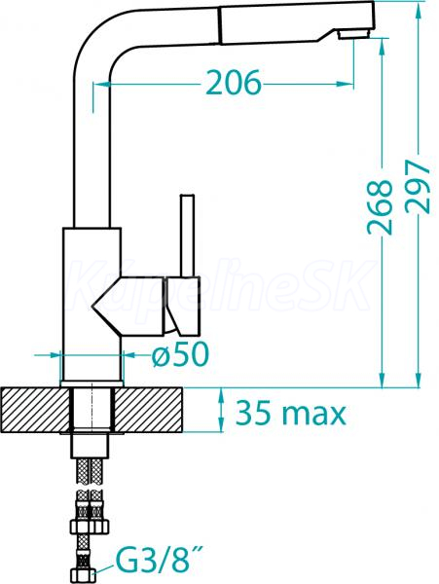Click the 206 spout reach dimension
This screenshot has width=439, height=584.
[234, 83]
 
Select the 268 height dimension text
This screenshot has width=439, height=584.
[381, 207]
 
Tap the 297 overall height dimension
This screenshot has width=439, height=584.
[419, 187]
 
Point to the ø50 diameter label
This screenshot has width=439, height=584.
[181, 354]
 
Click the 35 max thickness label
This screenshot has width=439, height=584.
[291, 413]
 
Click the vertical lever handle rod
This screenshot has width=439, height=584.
[187, 236]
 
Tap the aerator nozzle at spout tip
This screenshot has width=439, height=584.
[354, 34]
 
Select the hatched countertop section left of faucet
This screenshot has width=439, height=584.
[35, 410]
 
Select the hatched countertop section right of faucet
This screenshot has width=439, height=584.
[148, 410]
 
